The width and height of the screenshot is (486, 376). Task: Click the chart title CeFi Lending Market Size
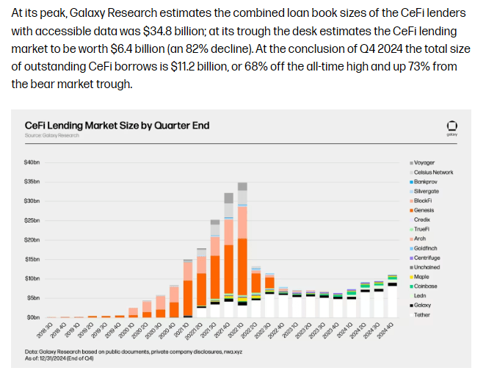(117, 125)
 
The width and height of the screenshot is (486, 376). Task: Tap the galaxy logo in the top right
(451, 127)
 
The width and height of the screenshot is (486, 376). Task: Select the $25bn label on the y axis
(32, 220)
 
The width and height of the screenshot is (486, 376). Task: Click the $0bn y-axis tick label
(32, 317)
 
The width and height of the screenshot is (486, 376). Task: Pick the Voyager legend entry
(424, 162)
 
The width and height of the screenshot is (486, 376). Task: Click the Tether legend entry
(422, 314)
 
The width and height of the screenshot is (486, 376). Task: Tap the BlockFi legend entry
(424, 200)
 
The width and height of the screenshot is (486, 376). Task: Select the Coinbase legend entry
(425, 286)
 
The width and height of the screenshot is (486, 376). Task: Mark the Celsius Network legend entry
(433, 172)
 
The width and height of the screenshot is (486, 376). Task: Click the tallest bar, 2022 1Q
(242, 250)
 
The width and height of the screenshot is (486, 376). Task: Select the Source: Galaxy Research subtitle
(52, 136)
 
